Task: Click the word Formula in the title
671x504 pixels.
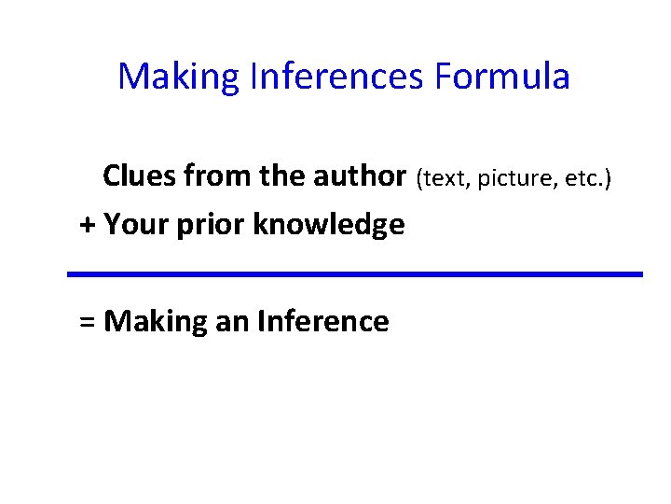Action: pos(502,77)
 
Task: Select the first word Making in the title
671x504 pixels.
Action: pos(179,77)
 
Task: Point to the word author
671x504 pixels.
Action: pos(361,175)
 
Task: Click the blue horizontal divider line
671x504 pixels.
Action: pos(355,273)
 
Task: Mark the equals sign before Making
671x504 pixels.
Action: pos(88,322)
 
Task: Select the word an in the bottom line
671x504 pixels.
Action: pos(232,322)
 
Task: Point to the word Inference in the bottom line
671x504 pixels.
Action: pos(322,321)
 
